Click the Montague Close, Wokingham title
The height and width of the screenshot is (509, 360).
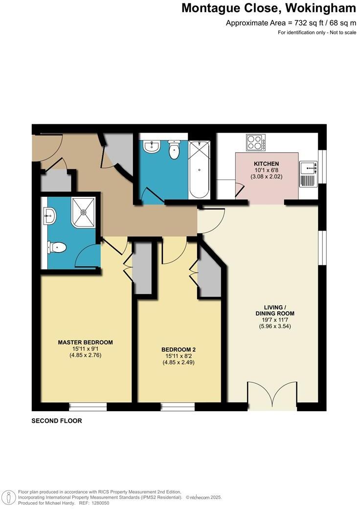(269, 8)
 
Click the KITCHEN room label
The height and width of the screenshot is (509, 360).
(266, 163)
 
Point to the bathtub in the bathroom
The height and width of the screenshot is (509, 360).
(199, 169)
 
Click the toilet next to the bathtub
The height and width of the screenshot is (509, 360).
(174, 150)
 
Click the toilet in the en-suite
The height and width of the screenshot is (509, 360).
(57, 248)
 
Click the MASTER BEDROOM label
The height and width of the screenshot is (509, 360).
(86, 342)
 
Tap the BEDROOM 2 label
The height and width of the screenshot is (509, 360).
(179, 349)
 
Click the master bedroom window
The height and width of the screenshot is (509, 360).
(88, 406)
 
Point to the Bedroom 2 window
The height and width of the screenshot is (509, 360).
(177, 406)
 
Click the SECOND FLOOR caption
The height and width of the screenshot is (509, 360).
(57, 421)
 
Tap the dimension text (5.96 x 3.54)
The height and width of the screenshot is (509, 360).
(275, 326)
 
